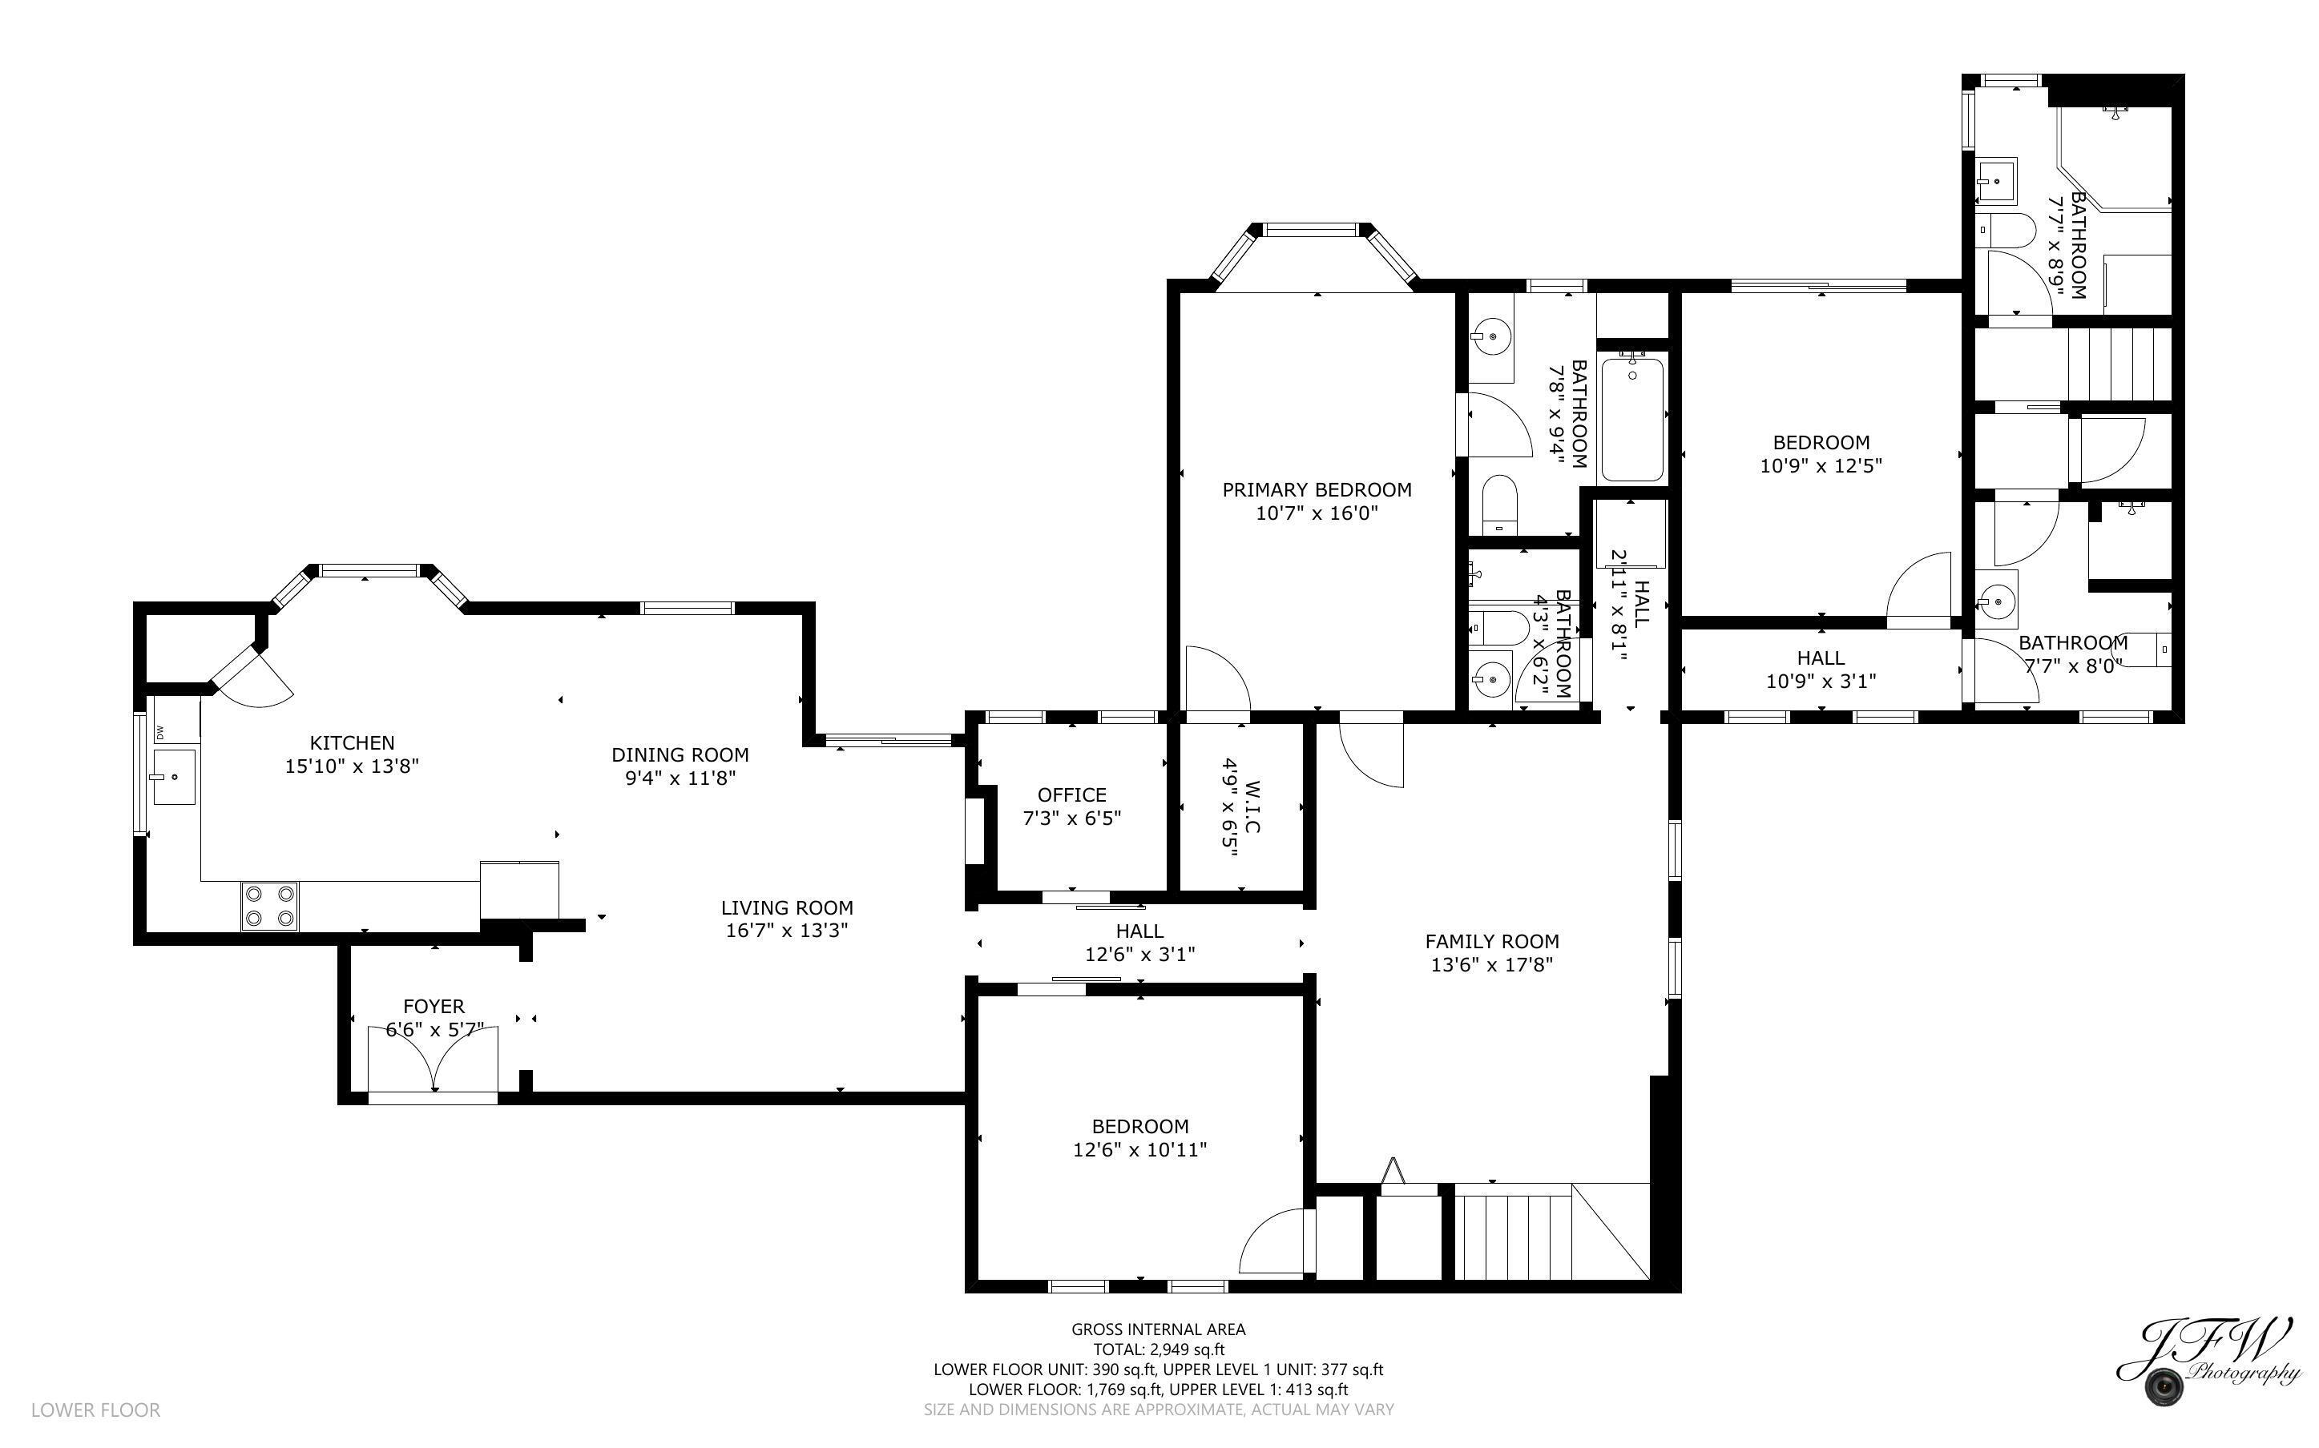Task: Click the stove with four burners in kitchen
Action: pyautogui.click(x=269, y=905)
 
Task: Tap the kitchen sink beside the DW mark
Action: pyautogui.click(x=173, y=778)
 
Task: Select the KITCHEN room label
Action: pyautogui.click(x=352, y=743)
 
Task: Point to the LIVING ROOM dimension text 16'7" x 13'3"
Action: pyautogui.click(x=786, y=930)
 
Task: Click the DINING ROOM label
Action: pyautogui.click(x=680, y=755)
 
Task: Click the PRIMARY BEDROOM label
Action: pyautogui.click(x=1316, y=490)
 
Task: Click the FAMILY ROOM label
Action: pyautogui.click(x=1491, y=941)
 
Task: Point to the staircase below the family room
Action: pyautogui.click(x=1514, y=1233)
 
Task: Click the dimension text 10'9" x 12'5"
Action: pyautogui.click(x=1821, y=466)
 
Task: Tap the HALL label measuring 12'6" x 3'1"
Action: pyautogui.click(x=1139, y=931)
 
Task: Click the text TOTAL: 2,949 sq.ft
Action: pyautogui.click(x=1158, y=1349)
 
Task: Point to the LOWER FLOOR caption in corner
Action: pyautogui.click(x=96, y=1410)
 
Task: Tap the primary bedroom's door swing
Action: pyautogui.click(x=1216, y=679)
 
